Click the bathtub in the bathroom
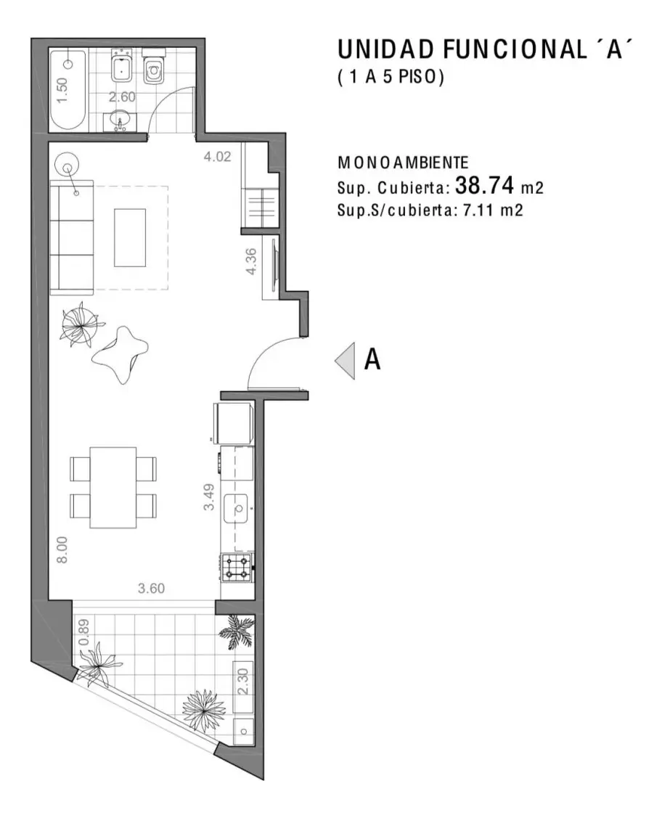point(68,91)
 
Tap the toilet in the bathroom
point(153,66)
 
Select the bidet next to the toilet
point(121,66)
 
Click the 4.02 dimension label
point(217,157)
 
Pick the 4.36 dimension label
point(251,261)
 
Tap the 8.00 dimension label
point(62,550)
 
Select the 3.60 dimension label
point(151,589)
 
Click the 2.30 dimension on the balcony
point(243,682)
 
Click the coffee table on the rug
point(130,238)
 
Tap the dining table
point(113,487)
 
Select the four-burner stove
point(237,568)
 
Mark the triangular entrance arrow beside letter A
point(345,361)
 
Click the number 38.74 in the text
point(485,185)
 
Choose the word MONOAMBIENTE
point(404,163)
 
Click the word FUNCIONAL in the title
point(515,50)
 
